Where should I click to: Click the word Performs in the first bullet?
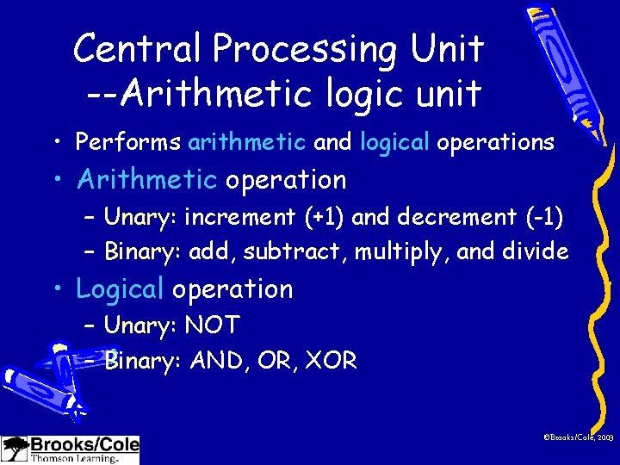(x=128, y=142)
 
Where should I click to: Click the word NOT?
(x=212, y=325)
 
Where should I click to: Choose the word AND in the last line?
(x=215, y=360)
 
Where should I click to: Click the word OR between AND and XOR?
(x=274, y=360)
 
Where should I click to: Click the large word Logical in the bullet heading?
(x=119, y=290)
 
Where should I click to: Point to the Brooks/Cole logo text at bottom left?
(x=84, y=444)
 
